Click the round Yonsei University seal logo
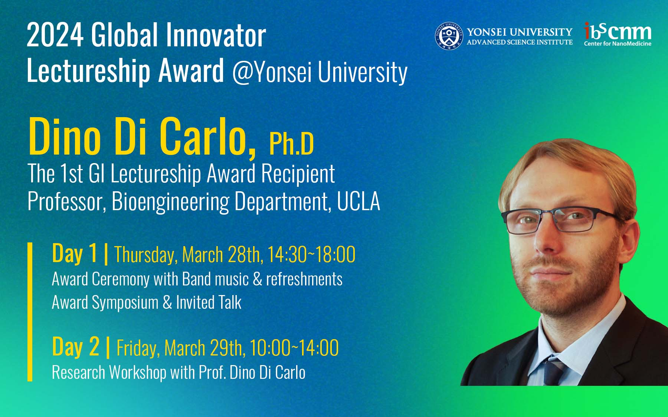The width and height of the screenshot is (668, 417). pyautogui.click(x=449, y=36)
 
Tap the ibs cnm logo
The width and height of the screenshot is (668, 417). pyautogui.click(x=618, y=34)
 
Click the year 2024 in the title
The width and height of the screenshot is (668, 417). pyautogui.click(x=55, y=35)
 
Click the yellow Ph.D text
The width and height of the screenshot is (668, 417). pyautogui.click(x=292, y=143)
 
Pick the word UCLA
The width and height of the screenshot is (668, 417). pyautogui.click(x=358, y=201)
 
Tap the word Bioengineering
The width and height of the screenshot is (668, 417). pyautogui.click(x=171, y=202)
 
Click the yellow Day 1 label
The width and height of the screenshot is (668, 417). pyautogui.click(x=75, y=254)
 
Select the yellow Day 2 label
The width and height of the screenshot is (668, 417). pyautogui.click(x=76, y=347)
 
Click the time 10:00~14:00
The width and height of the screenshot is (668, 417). pyautogui.click(x=294, y=348)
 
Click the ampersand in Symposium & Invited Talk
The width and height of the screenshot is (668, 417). pyautogui.click(x=167, y=302)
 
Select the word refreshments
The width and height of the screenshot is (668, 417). pyautogui.click(x=304, y=279)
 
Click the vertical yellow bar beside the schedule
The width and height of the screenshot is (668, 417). pyautogui.click(x=30, y=312)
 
